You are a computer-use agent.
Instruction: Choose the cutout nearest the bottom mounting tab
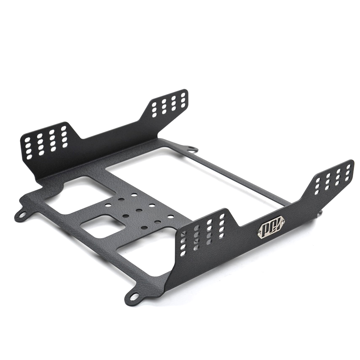pyautogui.click(x=143, y=252)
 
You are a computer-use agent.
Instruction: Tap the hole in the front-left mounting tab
pyautogui.click(x=20, y=215)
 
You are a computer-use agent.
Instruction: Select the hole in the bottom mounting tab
pyautogui.click(x=133, y=297)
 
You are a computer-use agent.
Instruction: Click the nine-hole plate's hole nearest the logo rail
pyautogui.click(x=171, y=217)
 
